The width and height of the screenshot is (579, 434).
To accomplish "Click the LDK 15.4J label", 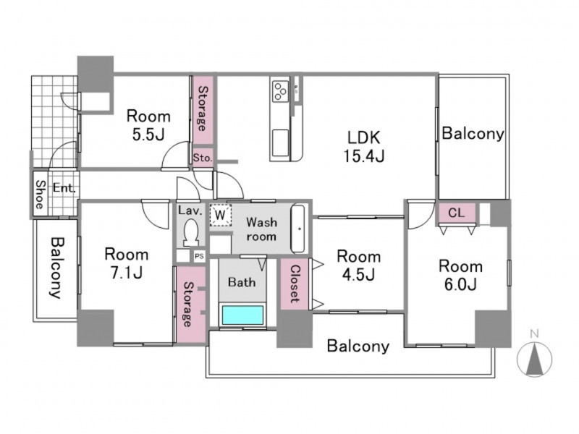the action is pos(364,147).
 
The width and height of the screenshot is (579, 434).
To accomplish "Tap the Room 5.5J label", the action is pos(148,125).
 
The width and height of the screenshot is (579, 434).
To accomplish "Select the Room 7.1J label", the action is pos(127,263).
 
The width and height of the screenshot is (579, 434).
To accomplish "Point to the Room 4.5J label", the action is pos(358,265).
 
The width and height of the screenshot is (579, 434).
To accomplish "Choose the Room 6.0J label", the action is pos(460,276).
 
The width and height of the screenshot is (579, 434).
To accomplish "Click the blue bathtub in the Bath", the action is pos(242,315).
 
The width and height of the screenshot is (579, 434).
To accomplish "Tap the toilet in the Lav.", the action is pos(191,233).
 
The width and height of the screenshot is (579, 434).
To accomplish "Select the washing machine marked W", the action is pos(221,215).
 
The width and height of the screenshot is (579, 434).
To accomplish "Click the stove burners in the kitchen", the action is pos(279,91).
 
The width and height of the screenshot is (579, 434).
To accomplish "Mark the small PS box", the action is pos(200,257).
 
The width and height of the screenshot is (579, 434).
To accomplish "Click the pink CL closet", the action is pos(457,213).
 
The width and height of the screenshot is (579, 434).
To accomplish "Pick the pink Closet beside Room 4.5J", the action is pos(295,284).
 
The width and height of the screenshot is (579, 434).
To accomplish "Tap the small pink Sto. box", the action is pos(203,158).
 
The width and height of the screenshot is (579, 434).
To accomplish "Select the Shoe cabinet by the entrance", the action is pos(41,194).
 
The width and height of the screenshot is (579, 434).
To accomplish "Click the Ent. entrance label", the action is pos(64,188).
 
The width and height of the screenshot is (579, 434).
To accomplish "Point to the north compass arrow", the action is pos(534,359).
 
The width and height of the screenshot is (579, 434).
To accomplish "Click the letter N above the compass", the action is pos(534,334).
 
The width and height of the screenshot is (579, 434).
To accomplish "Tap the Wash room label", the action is pos(261,229).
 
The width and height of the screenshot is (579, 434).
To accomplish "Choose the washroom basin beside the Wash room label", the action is pos(298,229).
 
